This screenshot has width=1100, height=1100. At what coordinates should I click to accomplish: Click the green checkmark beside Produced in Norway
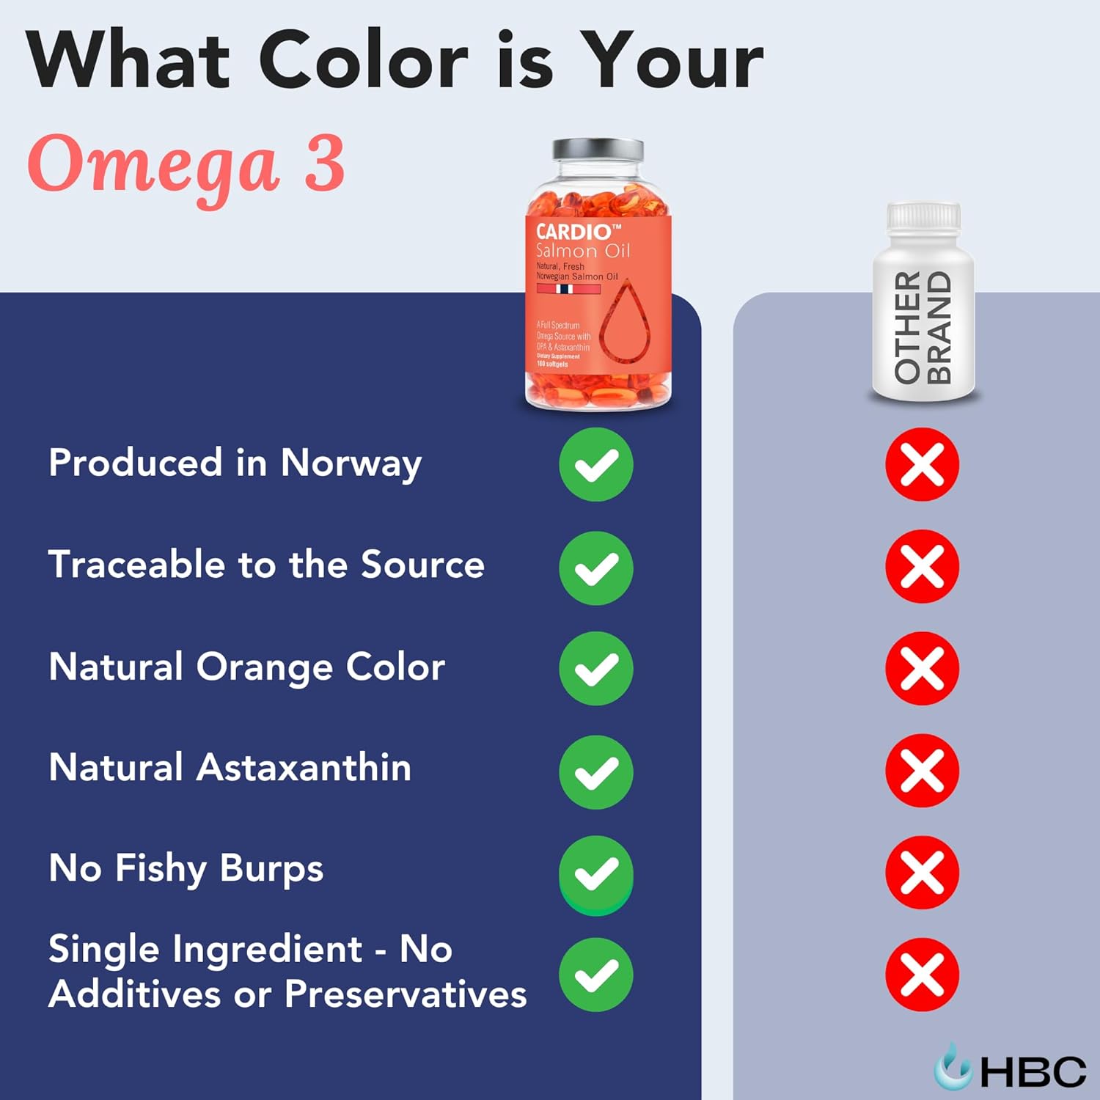point(596,465)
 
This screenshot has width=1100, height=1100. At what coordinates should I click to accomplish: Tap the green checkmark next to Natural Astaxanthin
point(596,772)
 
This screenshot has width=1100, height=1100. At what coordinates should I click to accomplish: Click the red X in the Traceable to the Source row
point(922,567)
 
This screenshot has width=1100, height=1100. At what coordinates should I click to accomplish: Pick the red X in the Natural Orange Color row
point(922,669)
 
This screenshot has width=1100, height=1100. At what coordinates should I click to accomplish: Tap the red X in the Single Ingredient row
point(922,975)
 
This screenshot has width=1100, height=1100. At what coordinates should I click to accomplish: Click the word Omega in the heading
point(154,166)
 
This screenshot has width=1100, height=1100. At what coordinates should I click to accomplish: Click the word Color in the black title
point(363,62)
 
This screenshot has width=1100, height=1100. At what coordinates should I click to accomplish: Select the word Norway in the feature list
point(351,464)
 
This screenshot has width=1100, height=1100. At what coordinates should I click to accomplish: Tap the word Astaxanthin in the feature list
point(304,768)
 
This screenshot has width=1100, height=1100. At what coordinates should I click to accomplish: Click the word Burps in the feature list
point(271,870)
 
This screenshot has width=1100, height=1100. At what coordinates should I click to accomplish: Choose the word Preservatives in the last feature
point(406,995)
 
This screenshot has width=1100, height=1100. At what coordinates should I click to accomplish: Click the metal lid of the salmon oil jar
point(598,151)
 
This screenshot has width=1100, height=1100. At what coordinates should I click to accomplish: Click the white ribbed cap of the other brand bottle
point(923,216)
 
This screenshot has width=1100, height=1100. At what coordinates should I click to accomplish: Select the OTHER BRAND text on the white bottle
point(923,327)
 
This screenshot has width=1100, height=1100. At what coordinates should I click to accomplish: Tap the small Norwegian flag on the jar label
point(565,289)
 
